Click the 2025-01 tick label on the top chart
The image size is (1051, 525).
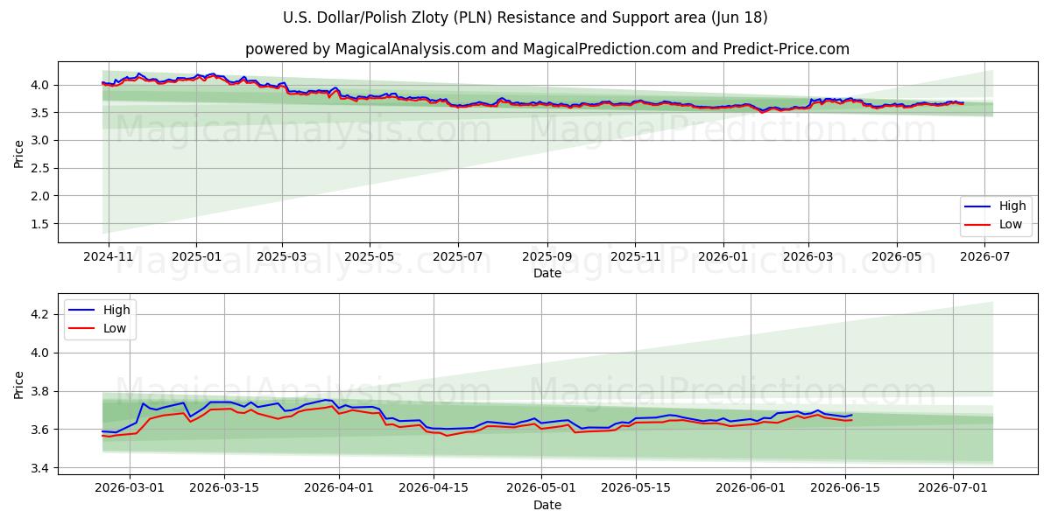[x=196, y=257]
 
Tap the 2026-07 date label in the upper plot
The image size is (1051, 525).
[x=984, y=257]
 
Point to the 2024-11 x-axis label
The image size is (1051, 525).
[x=109, y=257]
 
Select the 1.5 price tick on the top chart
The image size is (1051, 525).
[x=40, y=224]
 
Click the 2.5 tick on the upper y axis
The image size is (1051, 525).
[x=40, y=168]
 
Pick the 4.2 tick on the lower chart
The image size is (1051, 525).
[x=40, y=314]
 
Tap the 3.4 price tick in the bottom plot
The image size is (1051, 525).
[x=40, y=468]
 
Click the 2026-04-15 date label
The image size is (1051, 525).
[x=434, y=488]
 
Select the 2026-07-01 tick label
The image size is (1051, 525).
[x=953, y=488]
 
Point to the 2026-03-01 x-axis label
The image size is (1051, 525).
[x=130, y=488]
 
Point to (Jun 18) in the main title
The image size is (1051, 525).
[x=739, y=17]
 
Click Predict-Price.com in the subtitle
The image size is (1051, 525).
[x=786, y=49]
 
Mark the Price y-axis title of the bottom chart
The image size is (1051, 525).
[x=18, y=385]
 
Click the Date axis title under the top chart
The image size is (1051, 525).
[x=547, y=273]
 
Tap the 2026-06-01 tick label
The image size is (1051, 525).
[x=751, y=488]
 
